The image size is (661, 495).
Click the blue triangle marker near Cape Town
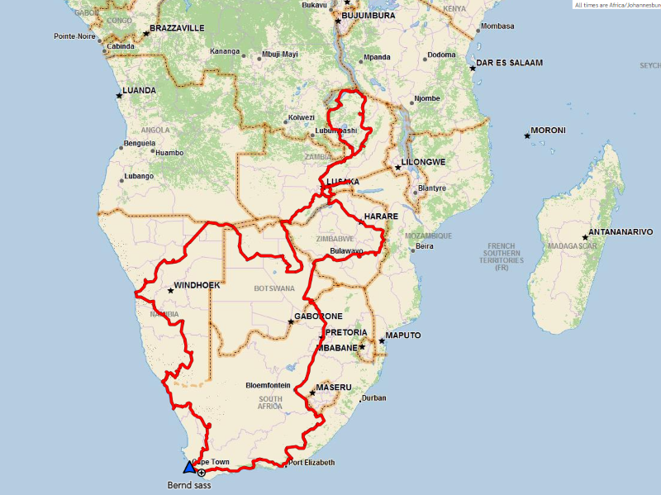[189, 468]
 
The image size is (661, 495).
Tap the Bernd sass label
[189, 485]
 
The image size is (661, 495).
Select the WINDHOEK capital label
[198, 286]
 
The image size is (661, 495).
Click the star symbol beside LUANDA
[119, 95]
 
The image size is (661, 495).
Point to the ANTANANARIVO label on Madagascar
[621, 232]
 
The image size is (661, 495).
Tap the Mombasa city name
[497, 26]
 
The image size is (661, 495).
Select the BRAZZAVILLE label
[178, 28]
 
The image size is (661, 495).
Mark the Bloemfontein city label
[268, 385]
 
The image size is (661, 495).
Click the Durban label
[373, 397]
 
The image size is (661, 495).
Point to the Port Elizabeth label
[312, 462]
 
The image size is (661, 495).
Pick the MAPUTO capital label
[403, 336]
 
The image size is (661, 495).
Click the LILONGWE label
[424, 162]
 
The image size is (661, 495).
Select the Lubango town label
[139, 176]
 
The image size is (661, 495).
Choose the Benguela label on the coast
[139, 143]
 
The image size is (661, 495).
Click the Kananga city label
[225, 51]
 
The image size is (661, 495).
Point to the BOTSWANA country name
[274, 288]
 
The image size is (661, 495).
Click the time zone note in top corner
[616, 4]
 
